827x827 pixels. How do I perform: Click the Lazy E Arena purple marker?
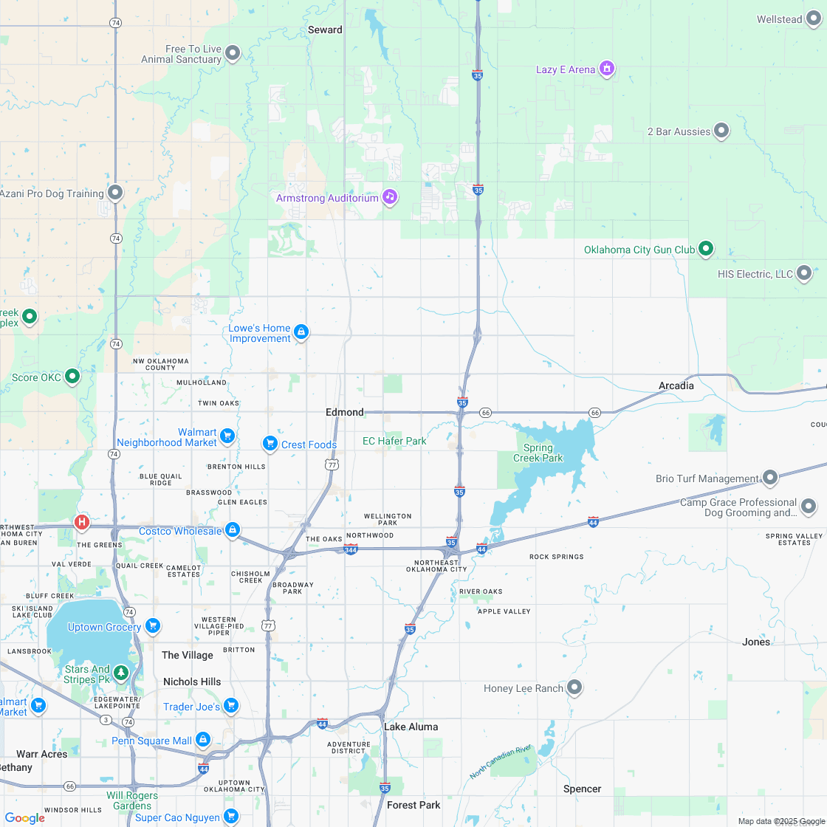pyautogui.click(x=606, y=69)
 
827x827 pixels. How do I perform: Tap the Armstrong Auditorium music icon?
pyautogui.click(x=390, y=197)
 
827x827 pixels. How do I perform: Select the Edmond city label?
pyautogui.click(x=345, y=412)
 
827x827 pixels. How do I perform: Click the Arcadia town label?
pyautogui.click(x=676, y=385)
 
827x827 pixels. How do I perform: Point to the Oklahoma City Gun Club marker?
pyautogui.click(x=706, y=249)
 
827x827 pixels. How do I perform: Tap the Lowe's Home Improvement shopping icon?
pyautogui.click(x=301, y=332)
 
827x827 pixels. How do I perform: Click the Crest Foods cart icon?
pyautogui.click(x=270, y=444)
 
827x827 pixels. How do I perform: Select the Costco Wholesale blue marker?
pyautogui.click(x=233, y=530)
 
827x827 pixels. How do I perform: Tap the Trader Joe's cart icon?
pyautogui.click(x=231, y=706)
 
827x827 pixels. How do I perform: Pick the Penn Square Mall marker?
pyautogui.click(x=203, y=740)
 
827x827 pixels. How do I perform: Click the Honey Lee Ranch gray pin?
pyautogui.click(x=574, y=687)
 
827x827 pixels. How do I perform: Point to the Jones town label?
pyautogui.click(x=755, y=642)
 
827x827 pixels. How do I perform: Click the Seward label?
pyautogui.click(x=325, y=30)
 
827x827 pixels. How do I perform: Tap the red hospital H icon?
pyautogui.click(x=82, y=522)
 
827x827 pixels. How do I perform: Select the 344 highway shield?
pyautogui.click(x=351, y=549)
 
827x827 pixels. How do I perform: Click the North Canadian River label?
pyautogui.click(x=501, y=762)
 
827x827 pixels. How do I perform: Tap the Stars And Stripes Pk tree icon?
pyautogui.click(x=120, y=673)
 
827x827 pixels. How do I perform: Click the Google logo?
pyautogui.click(x=24, y=817)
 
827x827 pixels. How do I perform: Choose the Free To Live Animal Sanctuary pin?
pyautogui.click(x=233, y=52)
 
